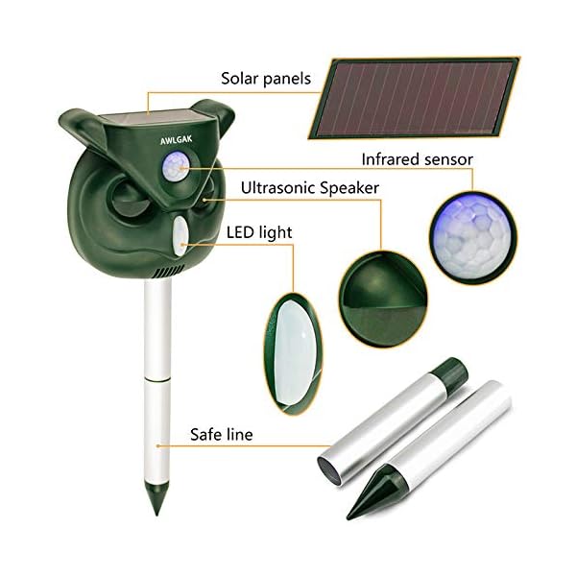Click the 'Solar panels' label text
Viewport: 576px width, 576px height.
click(266, 79)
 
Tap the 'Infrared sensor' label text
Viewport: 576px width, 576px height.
click(417, 159)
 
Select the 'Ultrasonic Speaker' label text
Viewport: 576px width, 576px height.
click(310, 188)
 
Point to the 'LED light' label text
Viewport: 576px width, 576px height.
click(259, 233)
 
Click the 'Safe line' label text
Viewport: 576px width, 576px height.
click(222, 435)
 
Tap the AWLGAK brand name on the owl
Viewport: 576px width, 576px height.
click(176, 140)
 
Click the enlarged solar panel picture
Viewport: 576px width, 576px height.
click(414, 98)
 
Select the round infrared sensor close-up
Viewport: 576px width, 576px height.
click(473, 237)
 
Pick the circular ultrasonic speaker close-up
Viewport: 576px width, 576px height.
click(383, 299)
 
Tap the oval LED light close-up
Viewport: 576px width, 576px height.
click(294, 353)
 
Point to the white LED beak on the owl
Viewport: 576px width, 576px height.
click(180, 235)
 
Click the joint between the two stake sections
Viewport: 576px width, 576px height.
click(157, 378)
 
